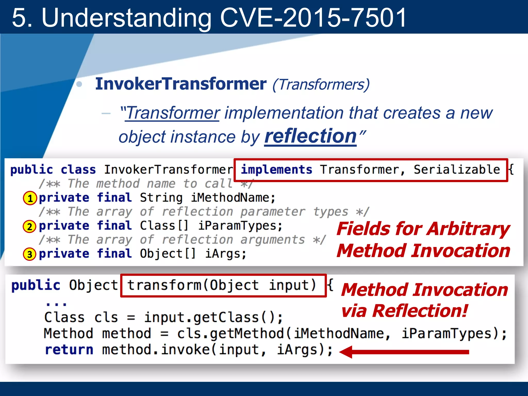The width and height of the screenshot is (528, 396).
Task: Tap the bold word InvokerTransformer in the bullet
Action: tap(180, 84)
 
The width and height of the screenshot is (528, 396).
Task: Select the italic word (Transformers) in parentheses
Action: tap(321, 85)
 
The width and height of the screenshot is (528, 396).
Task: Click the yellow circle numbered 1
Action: tap(30, 198)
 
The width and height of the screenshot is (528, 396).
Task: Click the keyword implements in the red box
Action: tap(276, 170)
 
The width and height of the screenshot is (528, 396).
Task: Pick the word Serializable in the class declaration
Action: tap(457, 170)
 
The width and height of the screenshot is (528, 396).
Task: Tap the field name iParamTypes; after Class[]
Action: tap(240, 226)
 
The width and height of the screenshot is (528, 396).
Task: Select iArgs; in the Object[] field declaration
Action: tap(226, 254)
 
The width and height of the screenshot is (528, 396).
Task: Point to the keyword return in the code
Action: tap(69, 350)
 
